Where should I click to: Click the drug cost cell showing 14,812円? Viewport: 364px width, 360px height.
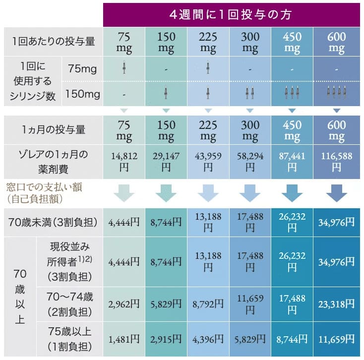pos(123,162)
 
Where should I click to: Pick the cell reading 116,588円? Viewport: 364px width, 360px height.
pos(336,162)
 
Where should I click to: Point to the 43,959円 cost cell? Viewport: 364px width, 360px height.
pos(208,162)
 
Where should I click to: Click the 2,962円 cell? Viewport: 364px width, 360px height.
pos(123,301)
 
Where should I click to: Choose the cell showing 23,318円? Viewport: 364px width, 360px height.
pos(336,301)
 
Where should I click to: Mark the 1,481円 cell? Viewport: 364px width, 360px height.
pos(123,339)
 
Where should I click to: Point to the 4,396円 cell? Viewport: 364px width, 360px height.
pos(208,339)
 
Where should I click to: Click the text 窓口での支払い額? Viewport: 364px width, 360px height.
pos(45,187)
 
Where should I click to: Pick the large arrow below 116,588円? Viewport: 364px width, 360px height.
pos(336,193)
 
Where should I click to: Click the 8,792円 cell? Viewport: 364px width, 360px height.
pos(208,301)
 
